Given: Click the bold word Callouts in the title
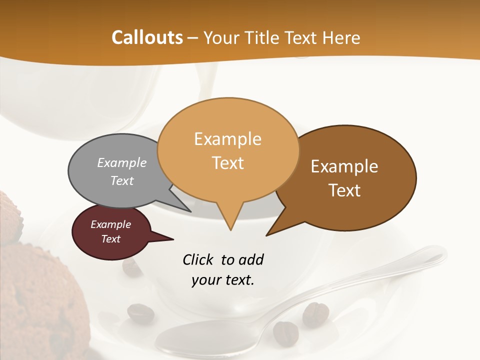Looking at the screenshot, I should click(x=147, y=37).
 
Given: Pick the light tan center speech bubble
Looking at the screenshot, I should click(x=228, y=150).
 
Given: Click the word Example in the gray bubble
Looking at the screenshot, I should click(x=122, y=163).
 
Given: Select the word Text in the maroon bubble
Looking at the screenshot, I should click(x=111, y=239).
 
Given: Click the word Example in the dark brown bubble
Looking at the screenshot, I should click(x=344, y=166).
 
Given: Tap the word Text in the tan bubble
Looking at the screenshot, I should click(x=228, y=163).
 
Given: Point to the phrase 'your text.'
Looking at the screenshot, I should click(x=223, y=280).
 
